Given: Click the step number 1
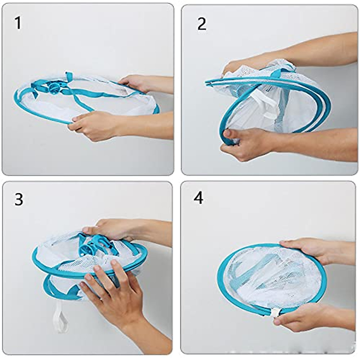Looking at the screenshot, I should pyautogui.click(x=18, y=23).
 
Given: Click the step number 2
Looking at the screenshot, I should pyautogui.click(x=202, y=24).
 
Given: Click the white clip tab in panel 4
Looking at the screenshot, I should pyautogui.click(x=275, y=313).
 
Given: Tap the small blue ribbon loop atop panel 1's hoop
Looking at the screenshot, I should pyautogui.click(x=70, y=76).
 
